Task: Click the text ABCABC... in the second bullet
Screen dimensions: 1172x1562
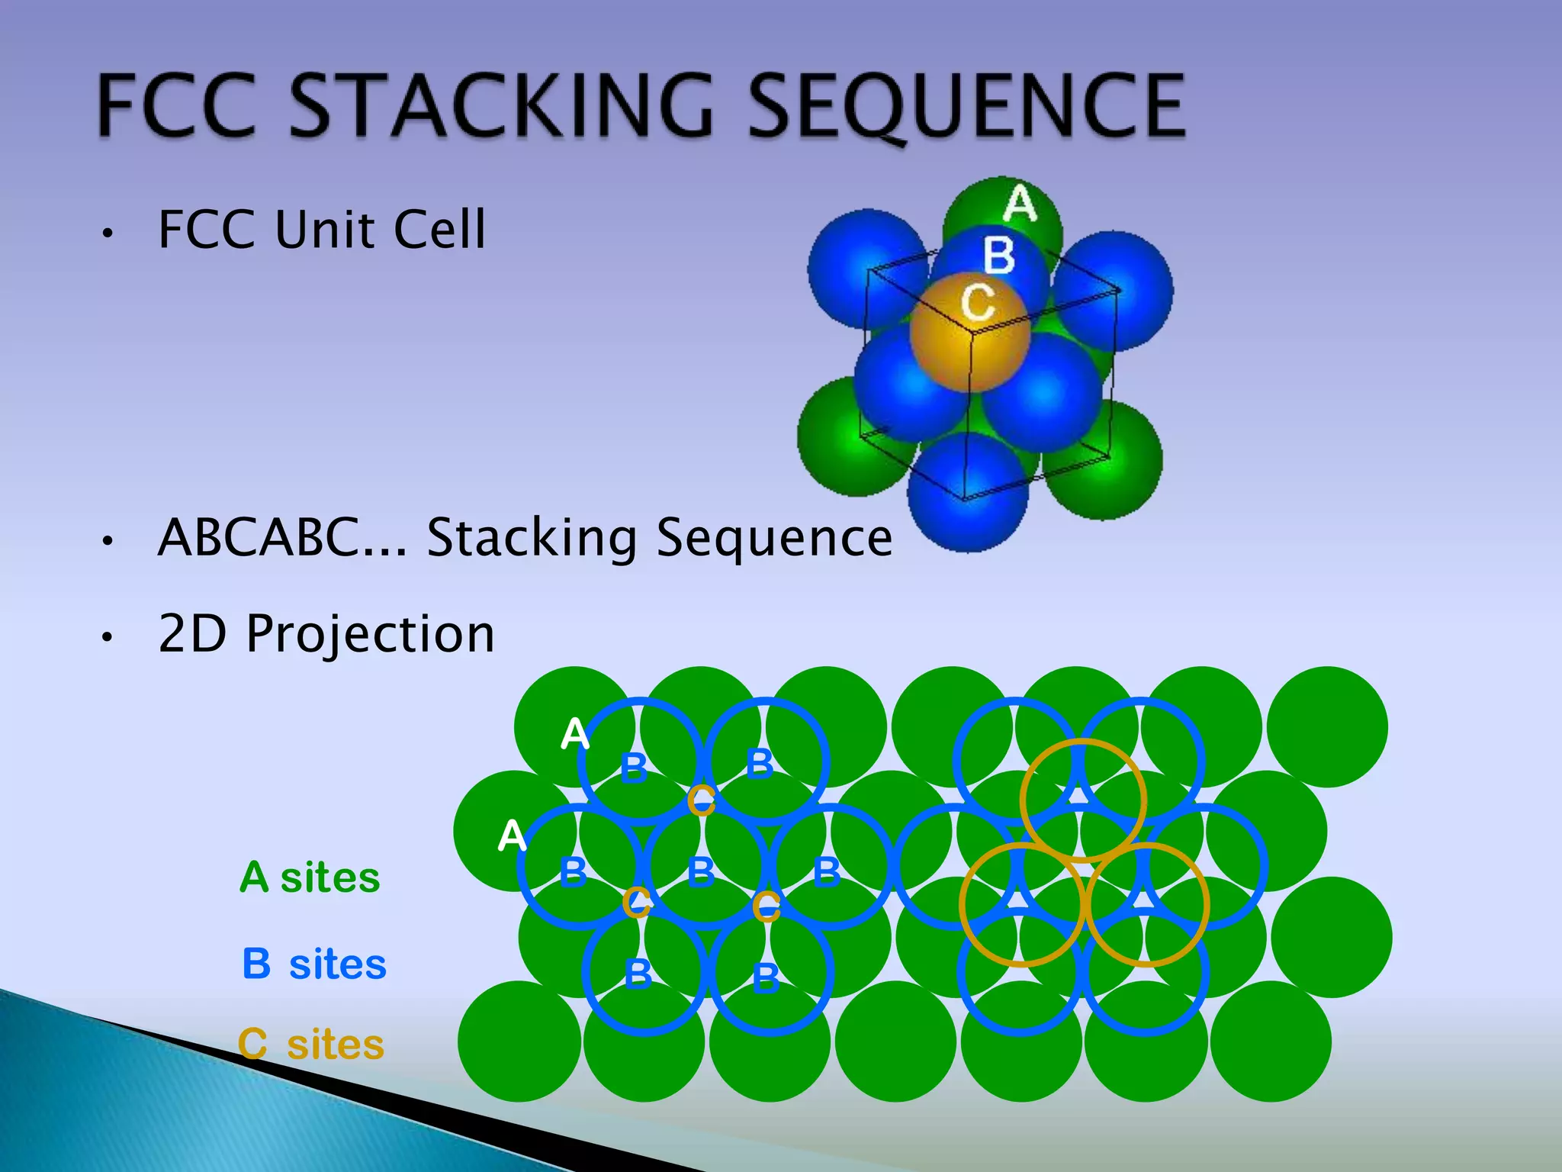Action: click(282, 537)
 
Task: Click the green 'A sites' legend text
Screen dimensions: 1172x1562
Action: click(310, 877)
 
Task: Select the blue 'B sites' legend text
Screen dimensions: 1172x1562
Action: click(314, 964)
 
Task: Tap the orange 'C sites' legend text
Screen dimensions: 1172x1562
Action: click(311, 1044)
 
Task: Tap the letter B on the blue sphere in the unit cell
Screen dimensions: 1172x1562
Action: click(999, 255)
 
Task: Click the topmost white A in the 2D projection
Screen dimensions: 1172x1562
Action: click(574, 734)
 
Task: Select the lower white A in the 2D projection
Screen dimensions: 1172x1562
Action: click(512, 836)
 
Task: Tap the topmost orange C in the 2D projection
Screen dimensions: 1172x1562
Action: click(702, 800)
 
